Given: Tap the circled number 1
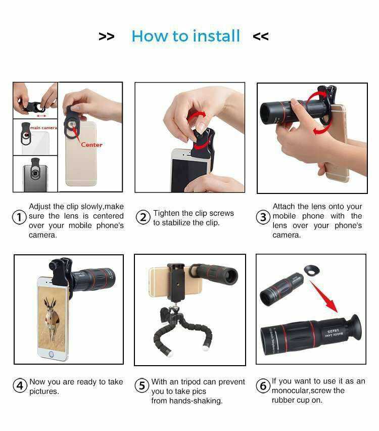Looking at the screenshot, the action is pyautogui.click(x=20, y=217).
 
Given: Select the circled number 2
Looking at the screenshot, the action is pyautogui.click(x=143, y=217).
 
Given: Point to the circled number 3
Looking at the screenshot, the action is pyautogui.click(x=263, y=217).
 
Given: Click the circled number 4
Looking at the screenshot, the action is pyautogui.click(x=20, y=385).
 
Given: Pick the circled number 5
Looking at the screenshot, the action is pyautogui.click(x=142, y=385).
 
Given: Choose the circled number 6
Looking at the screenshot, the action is pyautogui.click(x=263, y=385).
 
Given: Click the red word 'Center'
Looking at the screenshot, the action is pyautogui.click(x=91, y=145).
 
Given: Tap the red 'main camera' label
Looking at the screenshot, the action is pyautogui.click(x=43, y=128).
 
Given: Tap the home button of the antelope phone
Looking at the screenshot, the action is pyautogui.click(x=51, y=354).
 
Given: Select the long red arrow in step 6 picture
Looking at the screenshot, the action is pyautogui.click(x=324, y=297).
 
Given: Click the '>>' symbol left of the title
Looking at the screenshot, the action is pyautogui.click(x=107, y=36).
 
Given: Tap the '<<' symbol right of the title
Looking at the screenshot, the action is pyautogui.click(x=261, y=36).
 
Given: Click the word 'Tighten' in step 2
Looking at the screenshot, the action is pyautogui.click(x=166, y=213).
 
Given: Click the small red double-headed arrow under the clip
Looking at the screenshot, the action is pyautogui.click(x=41, y=116).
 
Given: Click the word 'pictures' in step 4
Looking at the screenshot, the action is pyautogui.click(x=44, y=391).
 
